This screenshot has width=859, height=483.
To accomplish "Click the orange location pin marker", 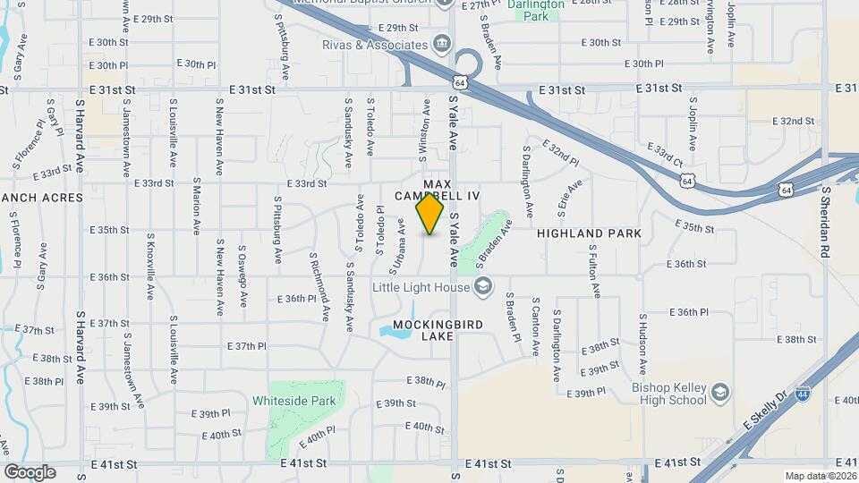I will tap(430, 214).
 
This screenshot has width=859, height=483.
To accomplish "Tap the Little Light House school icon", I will tap(483, 286).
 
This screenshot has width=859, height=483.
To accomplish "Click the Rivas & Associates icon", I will tap(441, 44).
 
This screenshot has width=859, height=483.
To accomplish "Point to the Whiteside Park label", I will tap(294, 401).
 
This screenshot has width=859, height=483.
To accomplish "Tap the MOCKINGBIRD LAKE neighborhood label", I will tap(424, 329).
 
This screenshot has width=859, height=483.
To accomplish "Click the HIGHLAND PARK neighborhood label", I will tap(589, 233).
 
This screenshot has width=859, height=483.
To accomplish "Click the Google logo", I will tap(30, 472).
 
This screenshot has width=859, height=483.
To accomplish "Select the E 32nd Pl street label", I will tap(559, 153).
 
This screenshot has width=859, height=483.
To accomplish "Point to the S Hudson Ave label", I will tap(642, 344).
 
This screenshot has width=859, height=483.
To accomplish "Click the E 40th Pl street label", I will tap(317, 437).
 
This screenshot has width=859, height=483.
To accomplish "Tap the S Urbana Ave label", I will tap(396, 247).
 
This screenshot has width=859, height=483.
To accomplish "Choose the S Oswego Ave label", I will tap(242, 274).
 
